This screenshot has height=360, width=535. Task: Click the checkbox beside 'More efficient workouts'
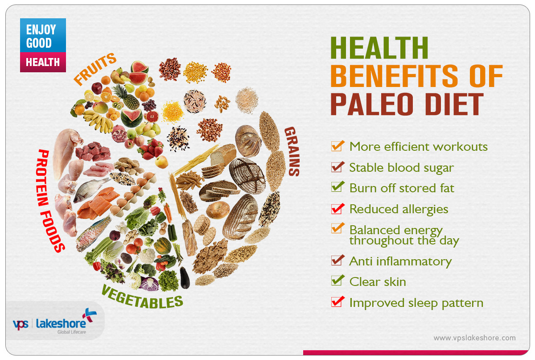click(x=337, y=146)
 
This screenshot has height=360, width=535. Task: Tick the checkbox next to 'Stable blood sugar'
click(x=337, y=167)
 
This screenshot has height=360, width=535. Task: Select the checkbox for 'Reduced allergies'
click(x=337, y=209)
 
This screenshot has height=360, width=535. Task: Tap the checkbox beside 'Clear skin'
click(x=337, y=281)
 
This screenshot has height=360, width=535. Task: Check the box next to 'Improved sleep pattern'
click(x=337, y=302)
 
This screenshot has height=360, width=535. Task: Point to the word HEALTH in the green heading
click(x=379, y=48)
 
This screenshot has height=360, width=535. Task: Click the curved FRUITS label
click(x=95, y=69)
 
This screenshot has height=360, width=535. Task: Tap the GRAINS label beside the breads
click(x=292, y=152)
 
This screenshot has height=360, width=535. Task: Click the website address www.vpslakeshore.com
click(x=474, y=338)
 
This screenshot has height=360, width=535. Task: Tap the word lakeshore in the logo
click(x=61, y=323)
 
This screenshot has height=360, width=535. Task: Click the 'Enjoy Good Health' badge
click(x=43, y=45)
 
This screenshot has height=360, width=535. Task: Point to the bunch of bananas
click(x=99, y=121)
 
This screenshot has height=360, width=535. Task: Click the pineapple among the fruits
click(x=126, y=97)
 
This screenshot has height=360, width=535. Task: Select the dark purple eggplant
click(x=185, y=277)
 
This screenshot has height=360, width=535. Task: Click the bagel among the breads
click(x=218, y=210)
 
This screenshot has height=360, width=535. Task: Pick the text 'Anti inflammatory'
click(x=400, y=261)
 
